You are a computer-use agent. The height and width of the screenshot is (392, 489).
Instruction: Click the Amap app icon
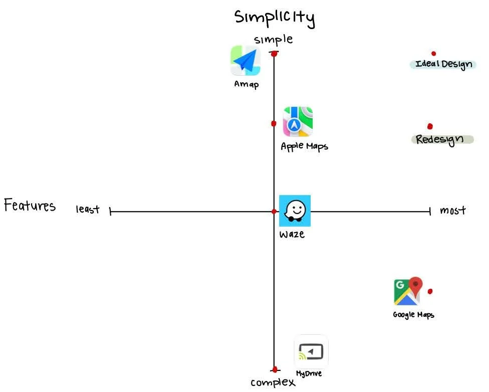246,61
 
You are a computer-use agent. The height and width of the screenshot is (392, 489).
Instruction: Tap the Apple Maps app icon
298,121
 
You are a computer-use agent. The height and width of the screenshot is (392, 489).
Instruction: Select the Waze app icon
295,211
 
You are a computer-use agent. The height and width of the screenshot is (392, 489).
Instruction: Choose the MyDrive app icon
311,352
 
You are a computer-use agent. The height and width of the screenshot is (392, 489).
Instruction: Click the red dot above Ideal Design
433,54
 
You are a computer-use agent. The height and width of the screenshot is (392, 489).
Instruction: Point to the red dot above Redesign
430,126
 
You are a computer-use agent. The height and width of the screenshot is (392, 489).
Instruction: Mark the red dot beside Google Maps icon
430,291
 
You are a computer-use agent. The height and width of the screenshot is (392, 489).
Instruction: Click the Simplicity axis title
275,18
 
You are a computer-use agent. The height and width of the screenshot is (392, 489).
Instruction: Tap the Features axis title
30,206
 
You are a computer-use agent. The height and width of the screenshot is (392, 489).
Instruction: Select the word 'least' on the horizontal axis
88,210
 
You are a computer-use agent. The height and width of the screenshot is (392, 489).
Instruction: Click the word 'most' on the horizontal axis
452,211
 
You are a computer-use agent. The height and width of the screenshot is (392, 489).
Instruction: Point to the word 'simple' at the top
273,40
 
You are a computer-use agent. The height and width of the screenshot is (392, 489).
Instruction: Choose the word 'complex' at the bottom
273,382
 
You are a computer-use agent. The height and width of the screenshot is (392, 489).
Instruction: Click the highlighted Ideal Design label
443,65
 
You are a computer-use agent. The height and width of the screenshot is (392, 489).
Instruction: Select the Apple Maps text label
304,147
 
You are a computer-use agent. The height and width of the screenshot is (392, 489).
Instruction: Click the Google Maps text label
413,315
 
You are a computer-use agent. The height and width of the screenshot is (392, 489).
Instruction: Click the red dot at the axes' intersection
274,212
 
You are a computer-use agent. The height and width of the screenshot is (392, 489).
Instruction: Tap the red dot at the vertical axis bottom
275,369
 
